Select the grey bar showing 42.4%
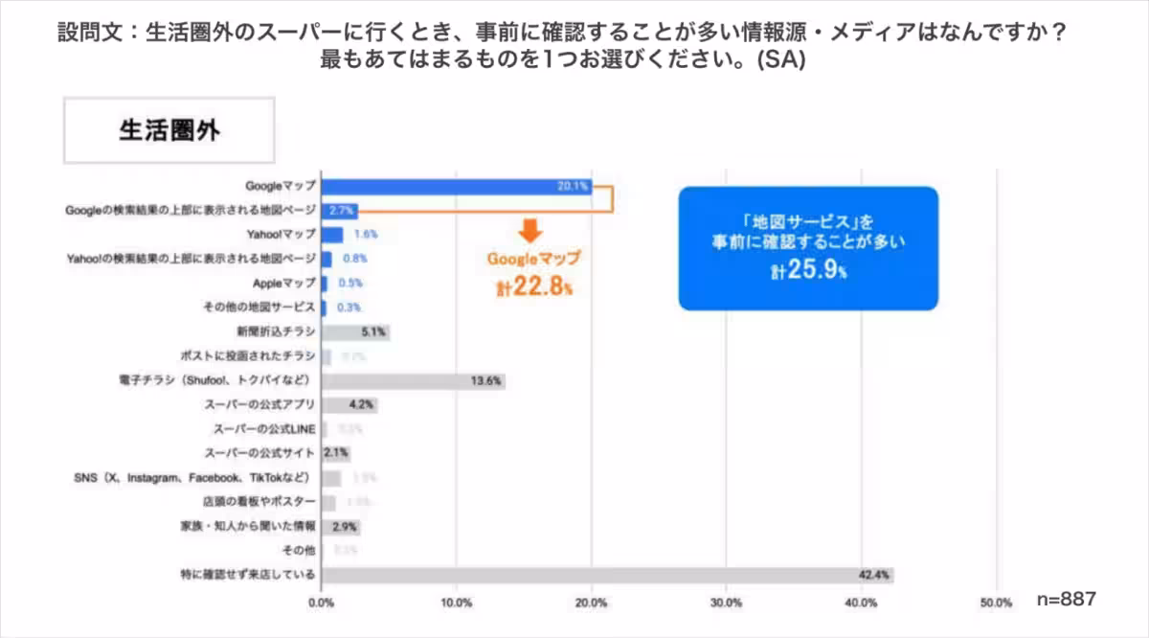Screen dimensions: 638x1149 coord(607,575)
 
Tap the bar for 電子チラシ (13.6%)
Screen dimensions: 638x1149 coord(413,381)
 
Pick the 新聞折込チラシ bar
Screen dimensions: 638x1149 coord(354,332)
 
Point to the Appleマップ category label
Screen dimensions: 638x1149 coord(283,284)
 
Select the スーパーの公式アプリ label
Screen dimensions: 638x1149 coord(259,405)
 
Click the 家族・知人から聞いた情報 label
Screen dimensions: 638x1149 coord(248,527)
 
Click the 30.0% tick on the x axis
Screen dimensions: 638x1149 coord(727,603)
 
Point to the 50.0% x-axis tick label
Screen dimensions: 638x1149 coord(997,603)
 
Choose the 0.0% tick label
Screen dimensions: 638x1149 coord(321,603)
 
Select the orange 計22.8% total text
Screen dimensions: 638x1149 coord(534,285)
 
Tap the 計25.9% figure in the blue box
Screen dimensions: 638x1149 coord(809,271)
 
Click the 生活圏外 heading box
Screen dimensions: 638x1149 coord(169,130)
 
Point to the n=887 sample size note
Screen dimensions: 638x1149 coord(1066,599)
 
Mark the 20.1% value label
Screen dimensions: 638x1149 coord(573,186)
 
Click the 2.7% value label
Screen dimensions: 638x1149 coord(342,210)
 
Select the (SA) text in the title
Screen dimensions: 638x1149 coord(780,59)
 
